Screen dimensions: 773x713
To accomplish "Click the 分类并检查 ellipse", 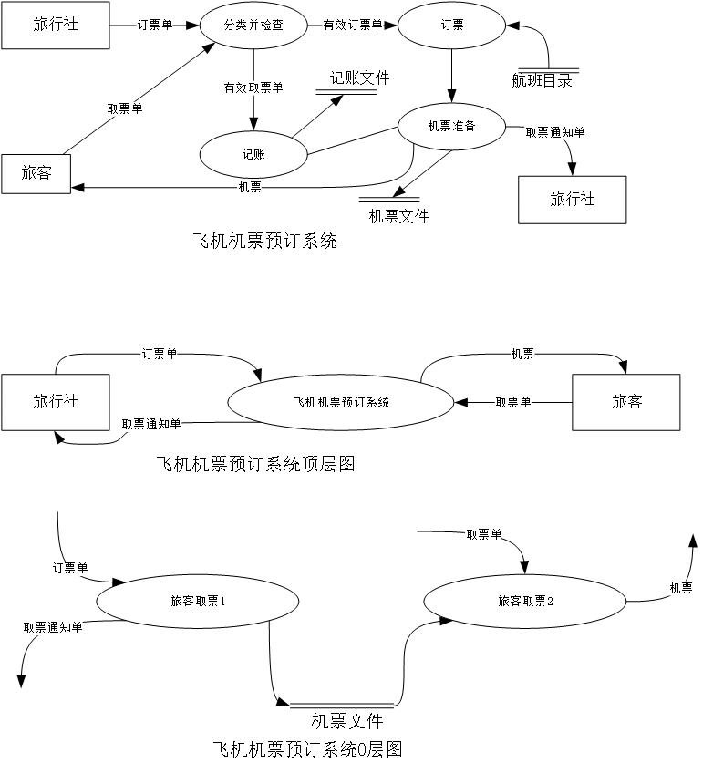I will [253, 26].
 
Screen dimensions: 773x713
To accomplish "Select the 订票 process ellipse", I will [451, 26].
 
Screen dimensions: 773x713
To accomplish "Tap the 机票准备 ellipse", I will [451, 126].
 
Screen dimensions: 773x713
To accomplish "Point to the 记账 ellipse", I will [253, 155].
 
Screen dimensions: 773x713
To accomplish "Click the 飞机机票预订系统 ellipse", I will [340, 402].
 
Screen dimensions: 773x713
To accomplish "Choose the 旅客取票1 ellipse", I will [197, 602].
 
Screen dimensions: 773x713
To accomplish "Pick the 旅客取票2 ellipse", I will [524, 602].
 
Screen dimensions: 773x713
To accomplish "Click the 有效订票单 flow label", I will [353, 26].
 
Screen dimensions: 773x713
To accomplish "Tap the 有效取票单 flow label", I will [253, 88].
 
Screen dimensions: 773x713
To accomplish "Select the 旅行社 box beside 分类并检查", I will [56, 26].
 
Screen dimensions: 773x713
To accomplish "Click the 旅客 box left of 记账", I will [36, 173].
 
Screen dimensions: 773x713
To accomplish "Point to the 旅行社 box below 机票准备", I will [572, 200].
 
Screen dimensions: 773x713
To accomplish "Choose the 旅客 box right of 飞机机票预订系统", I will [625, 402].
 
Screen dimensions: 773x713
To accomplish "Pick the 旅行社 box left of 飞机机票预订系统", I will [56, 402].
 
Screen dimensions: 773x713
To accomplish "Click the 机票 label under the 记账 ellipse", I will [250, 188].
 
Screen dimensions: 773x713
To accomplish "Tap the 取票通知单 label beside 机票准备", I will [554, 133].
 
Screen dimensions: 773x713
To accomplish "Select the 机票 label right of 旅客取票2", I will [680, 589].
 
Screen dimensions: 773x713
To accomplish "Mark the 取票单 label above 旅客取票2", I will [483, 535].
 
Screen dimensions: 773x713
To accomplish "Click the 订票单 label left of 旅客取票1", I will [69, 569].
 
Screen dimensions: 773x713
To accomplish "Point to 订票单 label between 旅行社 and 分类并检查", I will [154, 26].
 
